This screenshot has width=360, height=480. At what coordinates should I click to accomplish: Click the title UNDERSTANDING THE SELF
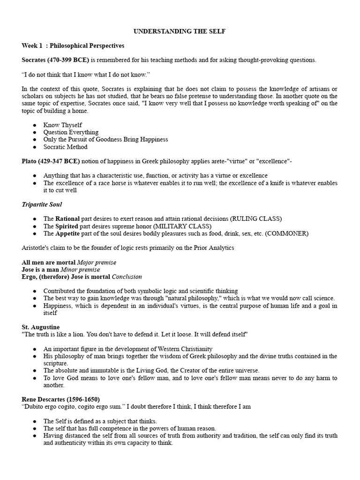click(180, 31)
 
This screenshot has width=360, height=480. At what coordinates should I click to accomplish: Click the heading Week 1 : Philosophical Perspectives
click(73, 45)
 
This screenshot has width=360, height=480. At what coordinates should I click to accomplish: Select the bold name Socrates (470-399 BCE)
click(55, 60)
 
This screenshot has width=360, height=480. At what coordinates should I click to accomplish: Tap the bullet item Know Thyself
click(62, 125)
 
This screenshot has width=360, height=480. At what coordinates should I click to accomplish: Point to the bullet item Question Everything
click(71, 132)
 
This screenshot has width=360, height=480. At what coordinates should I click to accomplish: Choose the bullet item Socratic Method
click(65, 147)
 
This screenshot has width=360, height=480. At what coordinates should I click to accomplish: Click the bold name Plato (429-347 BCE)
click(51, 161)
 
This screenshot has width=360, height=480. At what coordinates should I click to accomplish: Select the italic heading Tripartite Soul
click(42, 204)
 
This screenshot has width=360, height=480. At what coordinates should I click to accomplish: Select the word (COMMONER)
click(287, 233)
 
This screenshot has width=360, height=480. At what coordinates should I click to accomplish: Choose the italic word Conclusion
click(127, 277)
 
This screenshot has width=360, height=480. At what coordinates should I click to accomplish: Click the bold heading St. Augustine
click(41, 327)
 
